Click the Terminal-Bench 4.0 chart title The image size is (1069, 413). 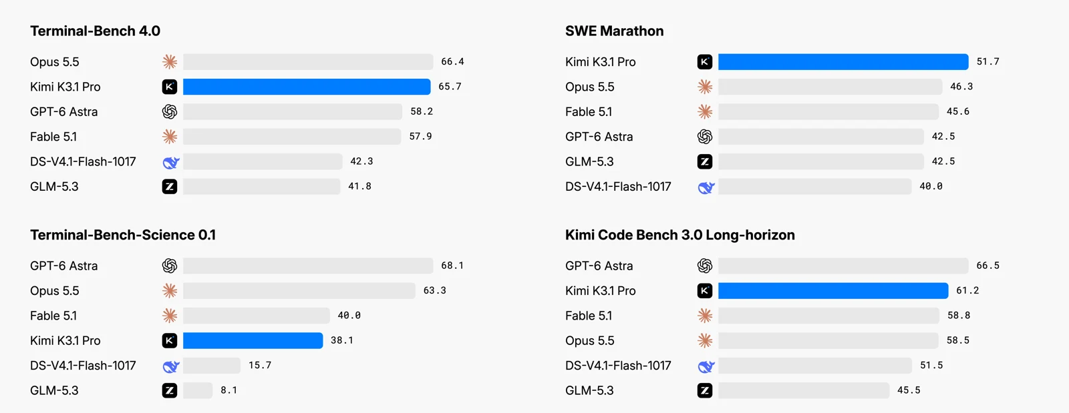tap(95, 31)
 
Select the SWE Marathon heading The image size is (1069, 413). tap(614, 31)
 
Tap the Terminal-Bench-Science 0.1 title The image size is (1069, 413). tap(123, 235)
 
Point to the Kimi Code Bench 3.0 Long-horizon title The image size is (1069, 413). tap(679, 235)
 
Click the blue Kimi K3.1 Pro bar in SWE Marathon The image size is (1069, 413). tap(843, 62)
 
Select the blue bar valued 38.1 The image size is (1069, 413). tap(253, 340)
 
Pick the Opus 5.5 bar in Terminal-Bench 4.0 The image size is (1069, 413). tap(308, 62)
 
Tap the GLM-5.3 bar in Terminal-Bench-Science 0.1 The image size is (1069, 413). tap(198, 390)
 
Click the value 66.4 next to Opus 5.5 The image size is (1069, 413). tap(452, 62)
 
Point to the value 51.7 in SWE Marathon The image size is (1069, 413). tap(988, 62)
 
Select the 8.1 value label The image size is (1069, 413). tap(228, 390)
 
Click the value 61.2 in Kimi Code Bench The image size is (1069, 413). tap(967, 291)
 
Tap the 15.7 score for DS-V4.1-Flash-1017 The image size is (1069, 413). tap(260, 366)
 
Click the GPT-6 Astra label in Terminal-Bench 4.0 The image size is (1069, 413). tap(64, 112)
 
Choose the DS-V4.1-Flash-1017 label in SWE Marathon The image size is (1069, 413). tap(618, 187)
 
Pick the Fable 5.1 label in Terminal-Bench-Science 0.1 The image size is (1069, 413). tap(53, 316)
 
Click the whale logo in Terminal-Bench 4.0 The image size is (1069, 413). tap(170, 162)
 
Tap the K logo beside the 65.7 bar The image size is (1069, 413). tap(170, 87)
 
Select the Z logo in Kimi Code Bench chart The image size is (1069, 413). tap(705, 390)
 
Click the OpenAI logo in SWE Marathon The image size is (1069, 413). tap(705, 137)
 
